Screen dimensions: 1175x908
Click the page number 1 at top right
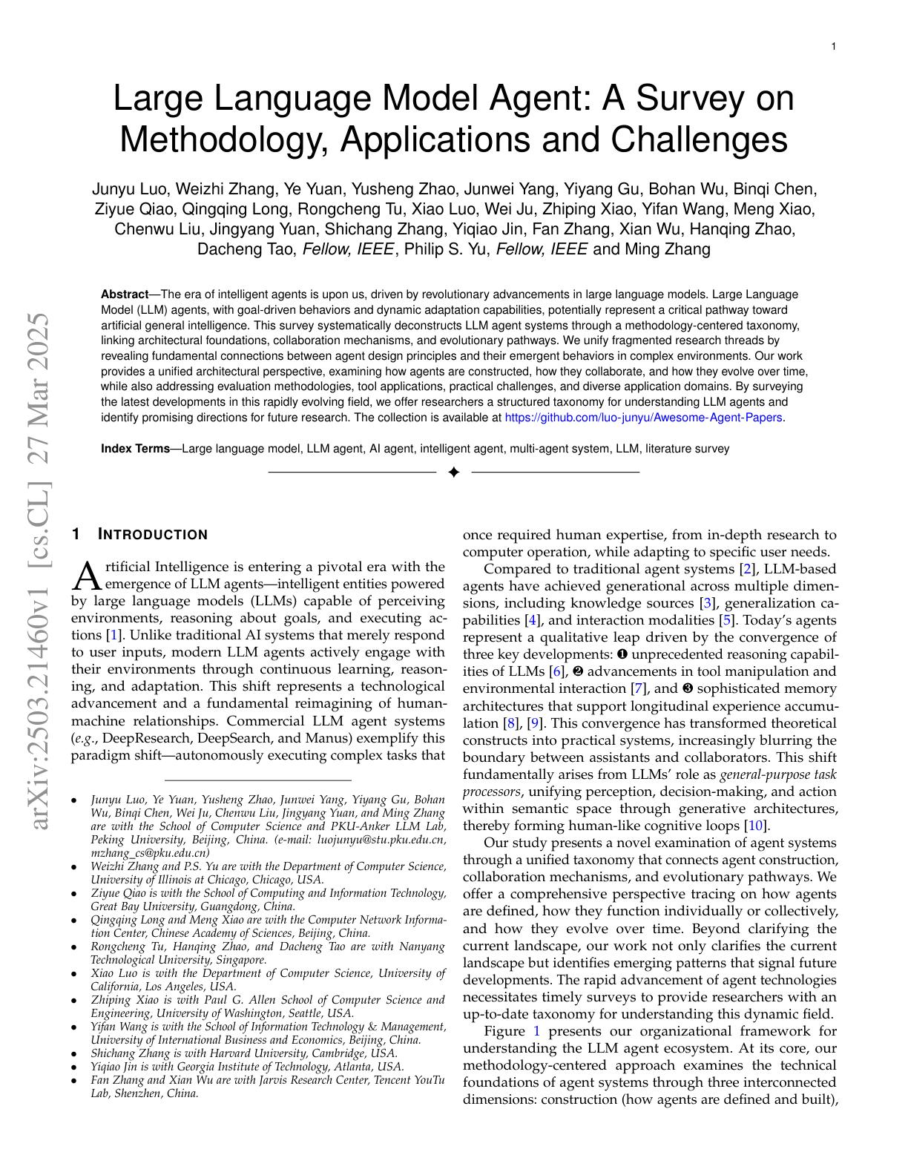833,47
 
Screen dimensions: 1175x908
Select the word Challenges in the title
699,139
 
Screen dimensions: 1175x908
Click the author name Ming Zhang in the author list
668,249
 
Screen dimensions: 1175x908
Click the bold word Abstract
125,294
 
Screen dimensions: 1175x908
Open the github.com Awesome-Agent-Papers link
643,418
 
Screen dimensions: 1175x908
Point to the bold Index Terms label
135,449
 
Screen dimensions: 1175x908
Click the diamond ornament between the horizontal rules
454,473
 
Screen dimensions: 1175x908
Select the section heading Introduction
153,535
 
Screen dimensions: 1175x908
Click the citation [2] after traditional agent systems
747,569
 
